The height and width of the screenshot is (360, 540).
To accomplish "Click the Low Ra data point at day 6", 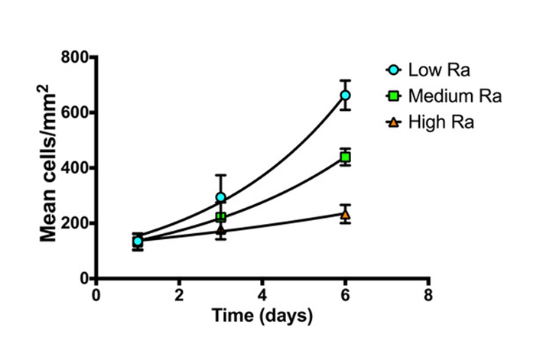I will [x=345, y=95].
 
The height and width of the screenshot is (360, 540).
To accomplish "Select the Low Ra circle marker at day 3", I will [x=221, y=197].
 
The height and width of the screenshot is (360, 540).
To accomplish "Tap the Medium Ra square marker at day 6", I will [x=345, y=157].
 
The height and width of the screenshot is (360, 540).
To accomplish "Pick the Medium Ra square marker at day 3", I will [x=221, y=217].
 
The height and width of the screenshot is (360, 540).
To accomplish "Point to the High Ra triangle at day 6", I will [x=345, y=214].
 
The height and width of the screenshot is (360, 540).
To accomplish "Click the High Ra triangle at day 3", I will [x=221, y=229].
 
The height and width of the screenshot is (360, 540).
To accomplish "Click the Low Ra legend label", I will [x=438, y=71].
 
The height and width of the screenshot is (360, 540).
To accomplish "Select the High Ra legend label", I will [x=441, y=122].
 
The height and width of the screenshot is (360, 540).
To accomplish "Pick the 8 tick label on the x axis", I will [x=428, y=295].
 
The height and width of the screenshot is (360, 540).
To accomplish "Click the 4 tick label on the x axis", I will [x=262, y=295].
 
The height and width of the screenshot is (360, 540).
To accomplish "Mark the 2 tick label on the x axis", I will [x=179, y=295].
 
